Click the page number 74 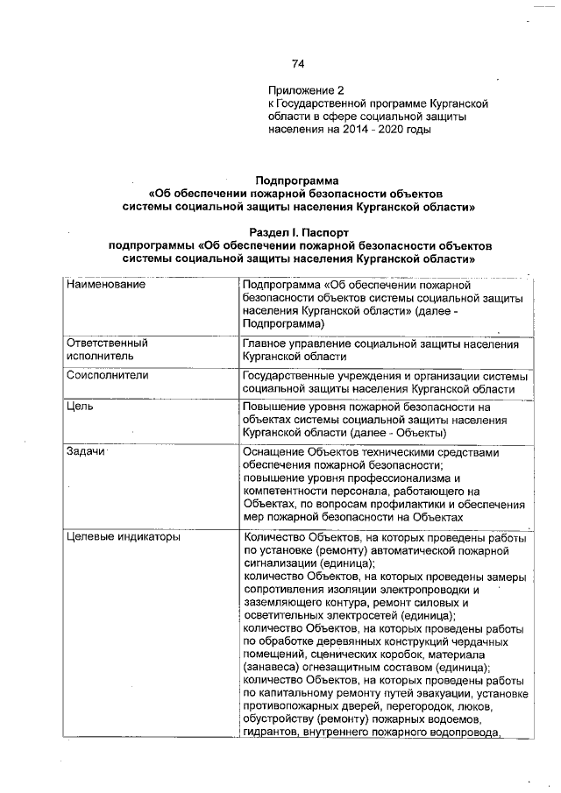pyautogui.click(x=297, y=63)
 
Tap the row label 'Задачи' pyautogui.click(x=85, y=451)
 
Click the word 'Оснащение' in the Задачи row pyautogui.click(x=273, y=452)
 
